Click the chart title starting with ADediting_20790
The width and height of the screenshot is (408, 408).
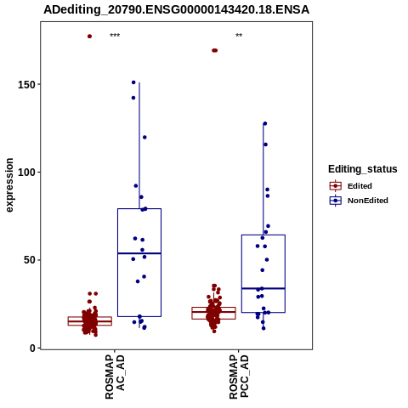coord(176,10)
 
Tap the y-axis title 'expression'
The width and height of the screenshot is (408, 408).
coord(9,185)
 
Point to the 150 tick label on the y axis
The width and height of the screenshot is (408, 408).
coord(27,85)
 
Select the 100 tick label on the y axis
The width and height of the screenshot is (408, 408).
coord(27,173)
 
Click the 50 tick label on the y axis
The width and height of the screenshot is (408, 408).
coord(30,260)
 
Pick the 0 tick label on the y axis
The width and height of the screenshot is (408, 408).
coord(33,348)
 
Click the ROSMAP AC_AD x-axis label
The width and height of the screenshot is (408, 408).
coord(115,377)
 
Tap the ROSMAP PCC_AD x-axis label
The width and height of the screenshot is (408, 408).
coord(239,377)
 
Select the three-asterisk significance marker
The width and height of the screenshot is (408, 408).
coord(115,36)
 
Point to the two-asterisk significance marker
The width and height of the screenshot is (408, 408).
coord(239,36)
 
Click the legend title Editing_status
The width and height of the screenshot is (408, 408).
coord(363,169)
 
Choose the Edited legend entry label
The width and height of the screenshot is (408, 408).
coord(360,186)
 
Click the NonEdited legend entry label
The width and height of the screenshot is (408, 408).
coord(368,201)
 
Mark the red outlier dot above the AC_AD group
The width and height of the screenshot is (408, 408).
coord(89,37)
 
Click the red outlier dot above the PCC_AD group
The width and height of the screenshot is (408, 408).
coord(214,50)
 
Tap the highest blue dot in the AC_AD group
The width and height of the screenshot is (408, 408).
coord(133,82)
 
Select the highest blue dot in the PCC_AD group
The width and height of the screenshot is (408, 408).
coord(265,123)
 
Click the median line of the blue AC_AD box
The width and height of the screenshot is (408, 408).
coord(139,253)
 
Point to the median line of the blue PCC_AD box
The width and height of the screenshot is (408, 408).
coord(263,288)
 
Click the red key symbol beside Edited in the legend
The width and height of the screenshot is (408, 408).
coord(336,186)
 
